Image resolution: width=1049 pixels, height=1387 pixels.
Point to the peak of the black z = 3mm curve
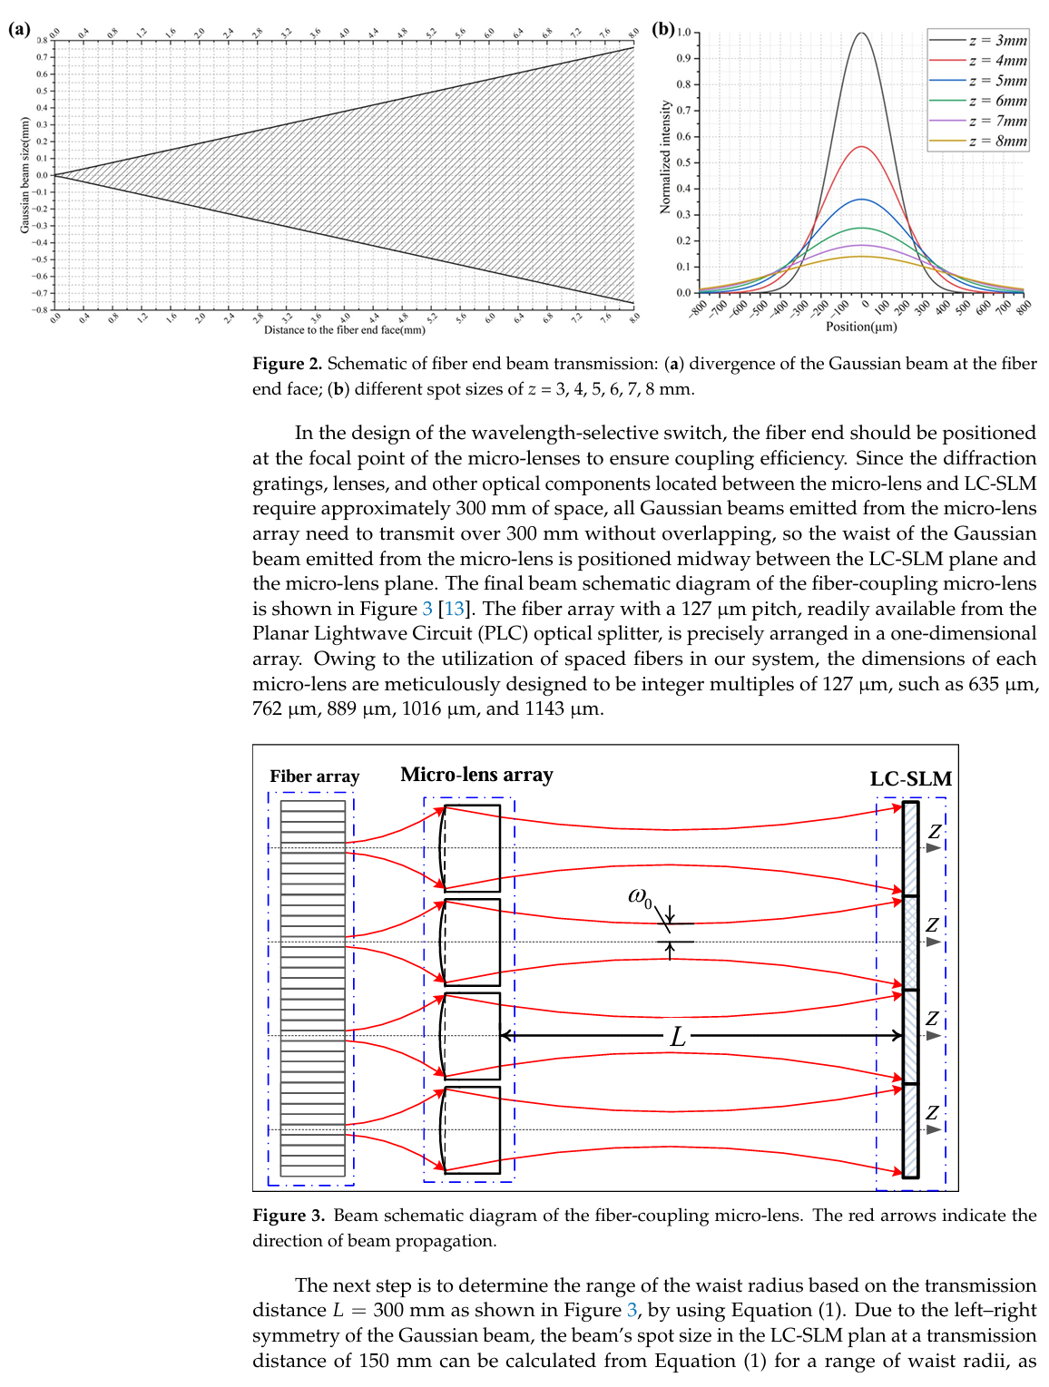tap(861, 34)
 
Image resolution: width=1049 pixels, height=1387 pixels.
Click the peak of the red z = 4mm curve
tap(861, 147)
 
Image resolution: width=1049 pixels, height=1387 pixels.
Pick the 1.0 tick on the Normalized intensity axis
tap(683, 33)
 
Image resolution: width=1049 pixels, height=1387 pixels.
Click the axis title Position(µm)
tap(861, 327)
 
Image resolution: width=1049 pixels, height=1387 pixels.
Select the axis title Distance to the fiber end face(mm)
tap(344, 330)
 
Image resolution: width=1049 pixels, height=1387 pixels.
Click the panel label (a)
tap(19, 29)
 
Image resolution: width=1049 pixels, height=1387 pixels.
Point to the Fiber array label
tap(314, 777)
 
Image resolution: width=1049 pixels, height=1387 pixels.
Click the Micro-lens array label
tap(476, 775)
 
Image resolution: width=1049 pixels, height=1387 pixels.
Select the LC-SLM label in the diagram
tap(910, 779)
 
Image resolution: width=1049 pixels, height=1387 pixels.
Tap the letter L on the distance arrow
tap(677, 1037)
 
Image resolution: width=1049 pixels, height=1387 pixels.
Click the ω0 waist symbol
tap(640, 897)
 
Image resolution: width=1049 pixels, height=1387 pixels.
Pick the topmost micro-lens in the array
tap(471, 848)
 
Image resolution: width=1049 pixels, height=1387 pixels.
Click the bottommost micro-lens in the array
tap(471, 1129)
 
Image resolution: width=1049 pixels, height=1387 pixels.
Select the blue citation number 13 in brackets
tap(453, 609)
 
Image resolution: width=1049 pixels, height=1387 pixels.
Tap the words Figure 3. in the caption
tap(288, 1216)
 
